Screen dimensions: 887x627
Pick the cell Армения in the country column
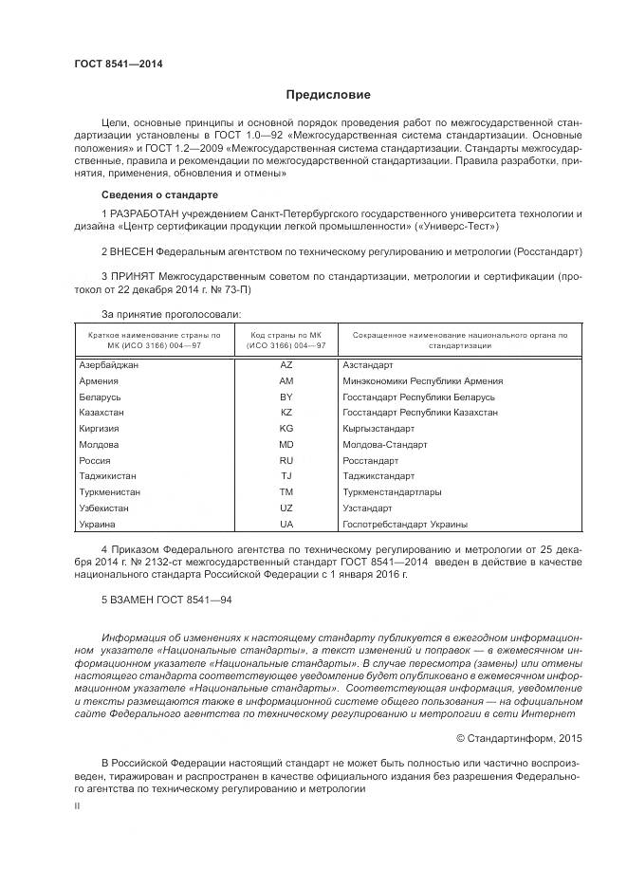[100, 380]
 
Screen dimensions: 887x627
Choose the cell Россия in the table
[96, 460]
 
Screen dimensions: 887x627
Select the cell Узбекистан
[104, 508]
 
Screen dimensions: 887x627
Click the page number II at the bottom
[77, 804]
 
